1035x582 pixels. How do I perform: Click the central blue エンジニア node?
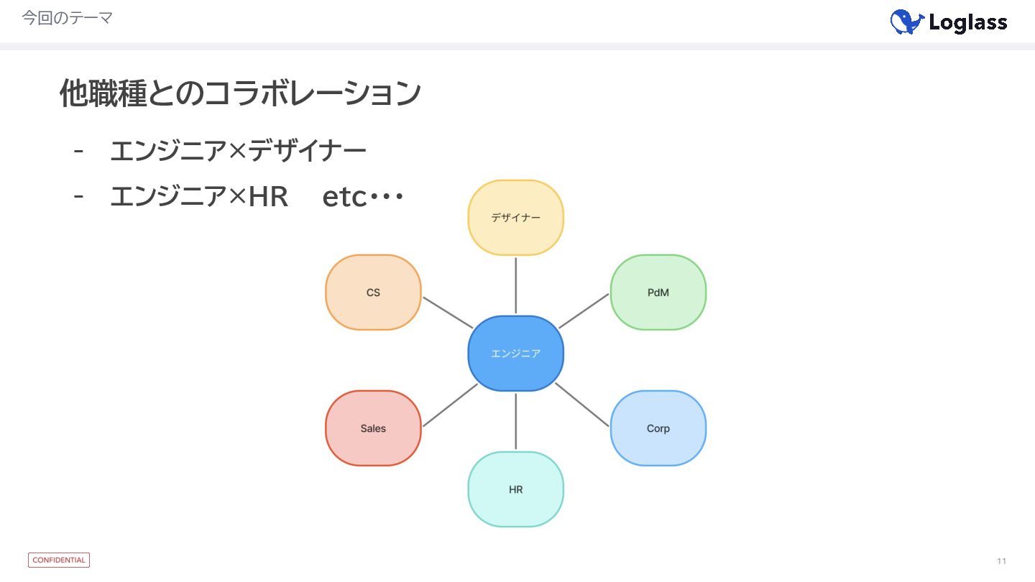pos(515,354)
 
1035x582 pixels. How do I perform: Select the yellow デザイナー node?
pos(515,218)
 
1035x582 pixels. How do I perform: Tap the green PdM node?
pos(658,292)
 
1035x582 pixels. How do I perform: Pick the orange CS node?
pos(373,292)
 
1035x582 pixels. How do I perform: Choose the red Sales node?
pos(373,428)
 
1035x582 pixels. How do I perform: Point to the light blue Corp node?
pos(658,428)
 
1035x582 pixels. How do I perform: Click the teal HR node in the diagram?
pos(515,489)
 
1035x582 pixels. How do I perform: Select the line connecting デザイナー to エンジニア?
pos(515,285)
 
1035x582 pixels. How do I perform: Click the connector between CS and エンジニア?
pos(447,313)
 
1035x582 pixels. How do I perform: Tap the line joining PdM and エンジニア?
pos(584,311)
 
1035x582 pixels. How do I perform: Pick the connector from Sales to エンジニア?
pos(450,405)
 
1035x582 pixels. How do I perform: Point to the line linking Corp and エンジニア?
pos(581,405)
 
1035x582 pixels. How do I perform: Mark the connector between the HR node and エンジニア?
pos(515,421)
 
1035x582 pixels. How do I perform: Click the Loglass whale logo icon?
pos(906,22)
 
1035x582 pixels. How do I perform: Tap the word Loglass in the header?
pos(967,23)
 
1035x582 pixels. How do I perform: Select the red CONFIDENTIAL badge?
pos(59,560)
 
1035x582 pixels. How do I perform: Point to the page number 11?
pos(1001,561)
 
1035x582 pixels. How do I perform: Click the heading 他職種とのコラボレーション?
pos(240,93)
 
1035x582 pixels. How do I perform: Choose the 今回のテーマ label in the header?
pos(67,18)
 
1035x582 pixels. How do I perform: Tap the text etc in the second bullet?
pos(344,197)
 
